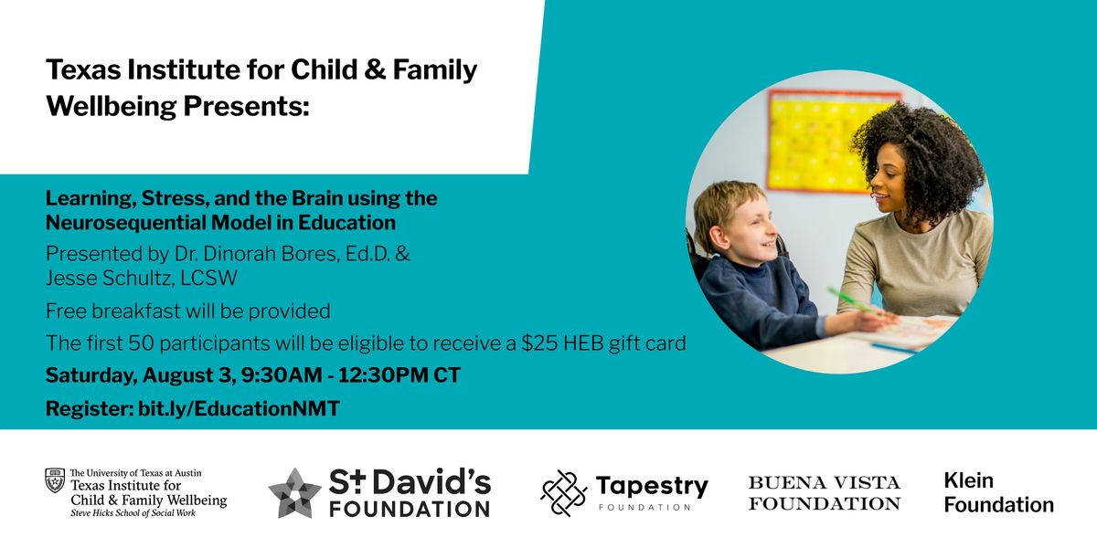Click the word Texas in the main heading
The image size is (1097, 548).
pyautogui.click(x=83, y=69)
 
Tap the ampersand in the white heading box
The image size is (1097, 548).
pyautogui.click(x=375, y=69)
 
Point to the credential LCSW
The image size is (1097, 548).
pyautogui.click(x=208, y=278)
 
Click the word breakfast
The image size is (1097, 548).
pyautogui.click(x=136, y=311)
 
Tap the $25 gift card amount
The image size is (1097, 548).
pyautogui.click(x=539, y=343)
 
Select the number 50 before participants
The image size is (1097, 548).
pyautogui.click(x=142, y=343)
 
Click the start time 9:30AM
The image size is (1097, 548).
pyautogui.click(x=282, y=375)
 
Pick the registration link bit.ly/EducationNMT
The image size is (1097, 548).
pyautogui.click(x=239, y=408)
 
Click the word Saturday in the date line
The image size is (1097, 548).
pyautogui.click(x=91, y=375)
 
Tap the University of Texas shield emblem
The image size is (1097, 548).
pyautogui.click(x=55, y=480)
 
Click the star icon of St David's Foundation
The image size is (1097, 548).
pyautogui.click(x=294, y=492)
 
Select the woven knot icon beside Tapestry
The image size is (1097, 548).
pyautogui.click(x=564, y=493)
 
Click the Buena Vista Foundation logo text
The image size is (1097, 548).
pyautogui.click(x=825, y=492)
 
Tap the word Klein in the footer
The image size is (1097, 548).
pyautogui.click(x=969, y=480)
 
